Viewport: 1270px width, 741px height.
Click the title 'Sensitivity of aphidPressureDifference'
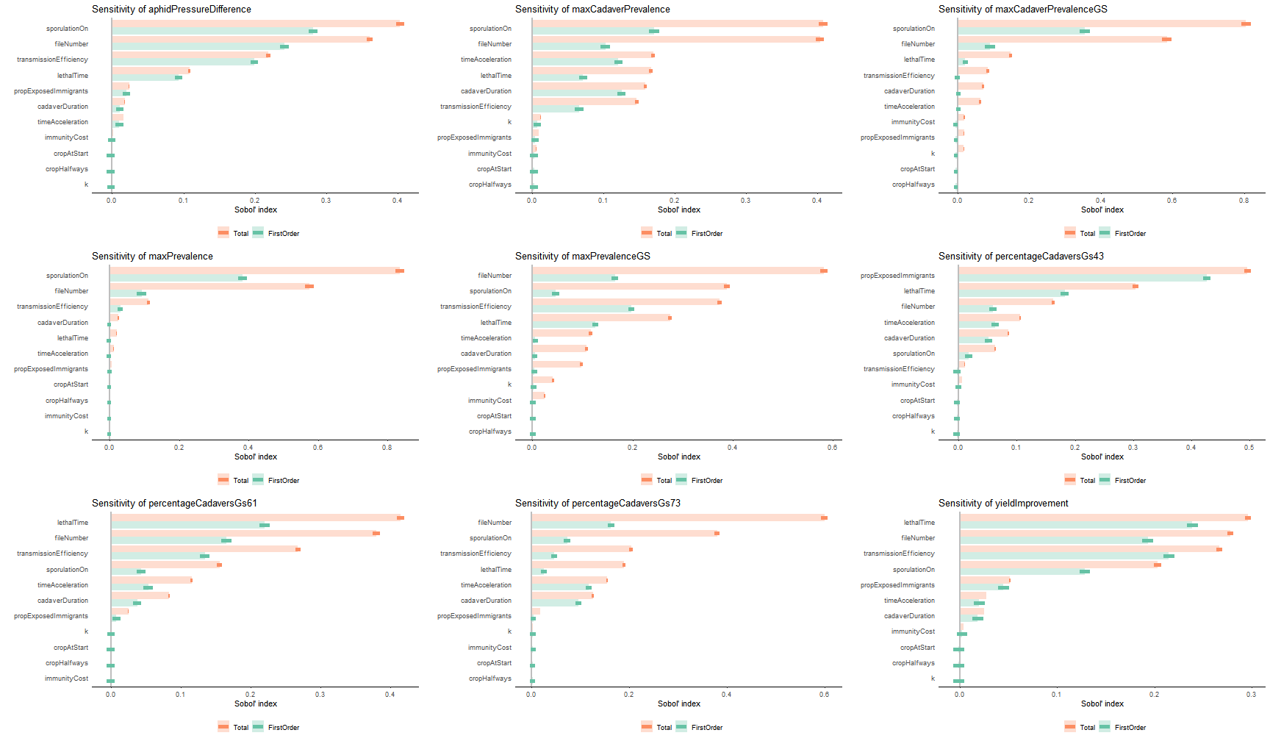[171, 10]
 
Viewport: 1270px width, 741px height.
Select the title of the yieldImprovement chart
[1003, 504]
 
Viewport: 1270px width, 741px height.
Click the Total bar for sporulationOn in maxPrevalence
[254, 271]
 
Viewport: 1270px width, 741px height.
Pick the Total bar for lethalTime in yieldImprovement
[1103, 518]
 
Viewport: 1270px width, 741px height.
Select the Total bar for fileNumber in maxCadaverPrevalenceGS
[1062, 39]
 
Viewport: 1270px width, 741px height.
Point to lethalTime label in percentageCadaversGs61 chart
[73, 523]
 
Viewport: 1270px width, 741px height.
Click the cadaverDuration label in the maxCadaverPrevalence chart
[486, 91]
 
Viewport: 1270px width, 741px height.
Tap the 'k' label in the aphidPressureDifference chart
[86, 185]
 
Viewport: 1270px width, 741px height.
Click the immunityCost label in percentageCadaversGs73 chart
[489, 648]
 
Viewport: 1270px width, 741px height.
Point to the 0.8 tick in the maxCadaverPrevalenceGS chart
[1244, 201]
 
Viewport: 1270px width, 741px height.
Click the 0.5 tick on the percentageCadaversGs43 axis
[1249, 448]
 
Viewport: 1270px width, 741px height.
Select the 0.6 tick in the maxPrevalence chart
[317, 448]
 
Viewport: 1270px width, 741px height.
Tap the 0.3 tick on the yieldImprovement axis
[1251, 695]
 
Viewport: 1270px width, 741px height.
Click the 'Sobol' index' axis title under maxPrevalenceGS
[679, 457]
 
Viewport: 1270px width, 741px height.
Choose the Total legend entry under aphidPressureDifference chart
[234, 234]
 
